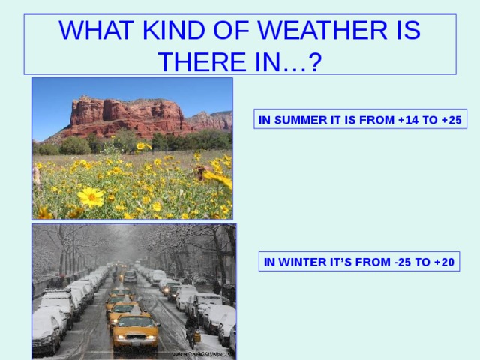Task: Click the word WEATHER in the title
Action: click(322, 30)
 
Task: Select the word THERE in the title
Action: click(202, 61)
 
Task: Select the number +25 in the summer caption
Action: click(451, 120)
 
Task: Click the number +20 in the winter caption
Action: click(444, 262)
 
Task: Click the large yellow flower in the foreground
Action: click(91, 197)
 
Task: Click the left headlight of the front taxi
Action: click(120, 337)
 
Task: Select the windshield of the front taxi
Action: click(135, 322)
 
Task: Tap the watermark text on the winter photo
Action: click(202, 355)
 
